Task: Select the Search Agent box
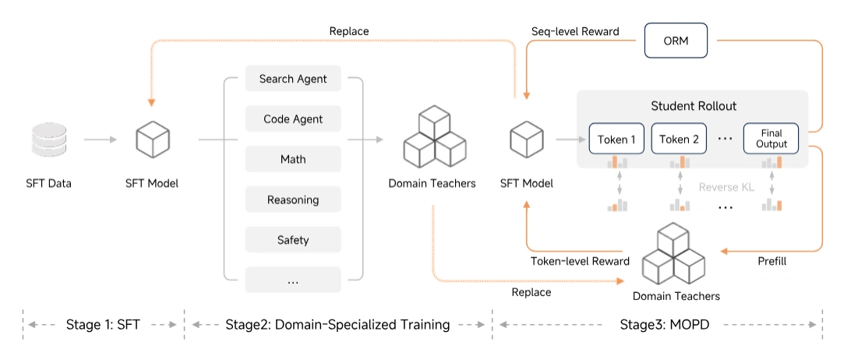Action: pyautogui.click(x=293, y=79)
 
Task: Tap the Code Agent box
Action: pyautogui.click(x=293, y=119)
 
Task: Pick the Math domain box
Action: pyautogui.click(x=293, y=159)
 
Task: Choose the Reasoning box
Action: pyautogui.click(x=293, y=199)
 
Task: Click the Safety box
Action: pyautogui.click(x=293, y=239)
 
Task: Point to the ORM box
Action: pyautogui.click(x=676, y=40)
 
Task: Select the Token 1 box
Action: pyautogui.click(x=616, y=139)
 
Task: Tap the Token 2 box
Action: pyautogui.click(x=679, y=139)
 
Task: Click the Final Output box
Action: pyautogui.click(x=772, y=139)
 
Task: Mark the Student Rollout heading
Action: pyautogui.click(x=692, y=105)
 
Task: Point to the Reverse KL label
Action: pyautogui.click(x=726, y=187)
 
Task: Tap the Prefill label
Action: pyautogui.click(x=772, y=261)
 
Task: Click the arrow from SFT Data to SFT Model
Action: pyautogui.click(x=101, y=140)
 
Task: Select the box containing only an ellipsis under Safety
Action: pyautogui.click(x=293, y=280)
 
